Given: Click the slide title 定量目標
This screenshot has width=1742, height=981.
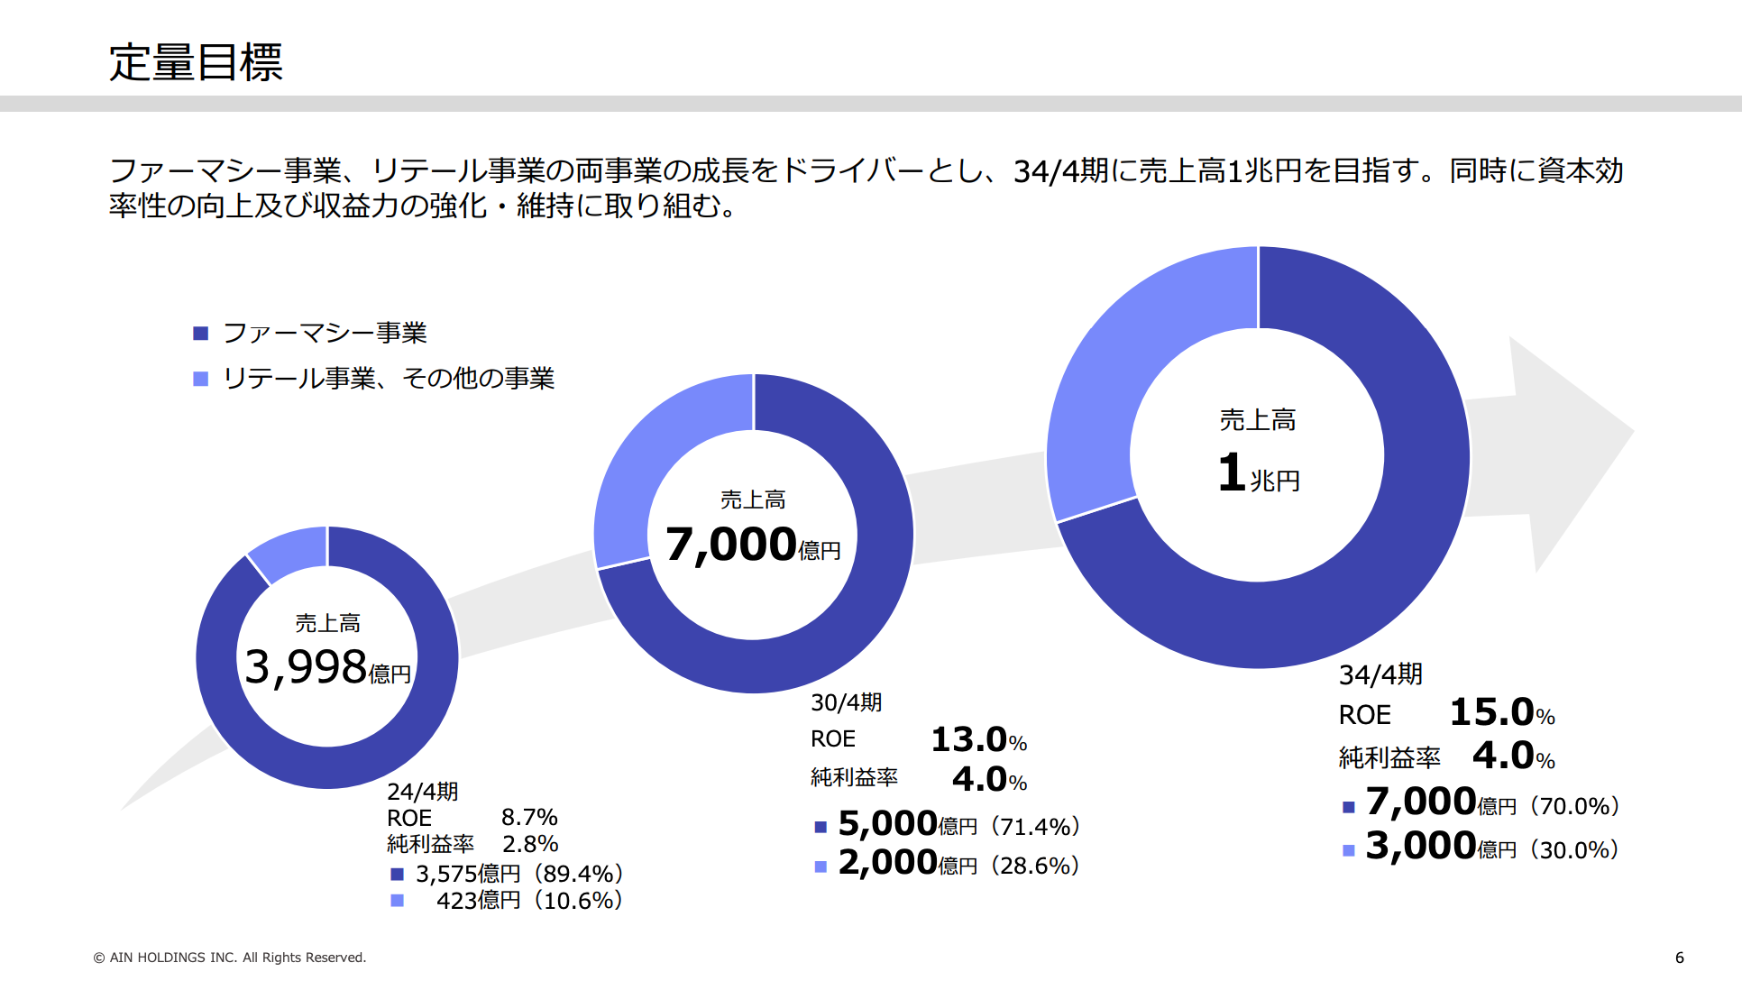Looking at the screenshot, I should pos(196,62).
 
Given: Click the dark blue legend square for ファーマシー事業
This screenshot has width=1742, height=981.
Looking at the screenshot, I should pos(201,334).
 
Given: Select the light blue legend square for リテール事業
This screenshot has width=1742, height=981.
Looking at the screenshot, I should pos(201,379).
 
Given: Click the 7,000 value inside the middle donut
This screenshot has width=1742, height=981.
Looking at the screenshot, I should pos(731,545).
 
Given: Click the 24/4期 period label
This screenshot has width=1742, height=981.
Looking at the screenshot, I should pos(423,792).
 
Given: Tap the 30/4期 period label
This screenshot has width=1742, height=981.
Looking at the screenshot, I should pos(846,702).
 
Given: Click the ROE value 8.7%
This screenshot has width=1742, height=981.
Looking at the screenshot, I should pos(529,818).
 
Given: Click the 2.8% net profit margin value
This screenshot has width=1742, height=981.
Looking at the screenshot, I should pos(530,844).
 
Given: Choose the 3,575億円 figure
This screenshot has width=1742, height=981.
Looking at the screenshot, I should pos(468,874).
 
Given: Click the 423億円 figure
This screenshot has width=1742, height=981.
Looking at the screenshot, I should pos(478,900).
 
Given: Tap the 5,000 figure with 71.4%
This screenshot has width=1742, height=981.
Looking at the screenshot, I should pos(888,824).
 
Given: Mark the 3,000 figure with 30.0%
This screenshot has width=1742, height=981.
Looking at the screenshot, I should pos(1421,847).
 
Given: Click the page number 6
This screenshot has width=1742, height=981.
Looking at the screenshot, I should pos(1679,958).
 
